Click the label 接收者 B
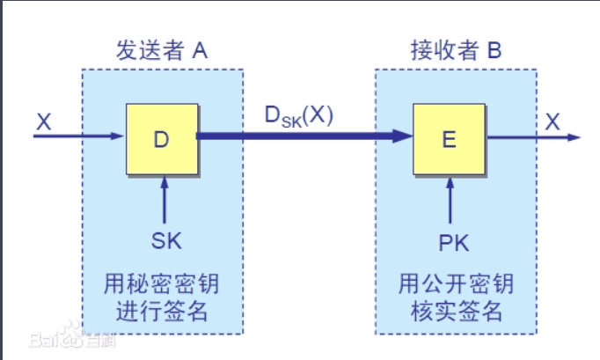457,51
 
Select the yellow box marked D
161,137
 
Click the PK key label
450,239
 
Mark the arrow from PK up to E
450,198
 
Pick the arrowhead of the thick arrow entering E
404,136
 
